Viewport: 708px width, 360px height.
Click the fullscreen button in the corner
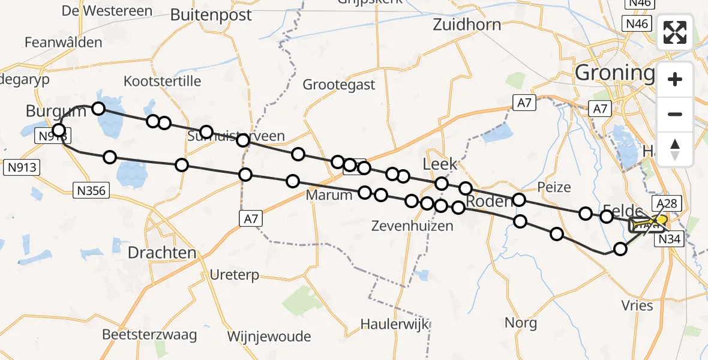(x=675, y=32)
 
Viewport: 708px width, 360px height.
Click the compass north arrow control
(x=675, y=149)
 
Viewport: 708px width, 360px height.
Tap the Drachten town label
(x=162, y=253)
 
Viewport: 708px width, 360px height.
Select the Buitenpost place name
(x=211, y=15)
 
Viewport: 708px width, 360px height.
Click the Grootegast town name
(x=339, y=85)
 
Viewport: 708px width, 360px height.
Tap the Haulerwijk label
(x=395, y=324)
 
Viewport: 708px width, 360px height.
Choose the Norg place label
(x=520, y=323)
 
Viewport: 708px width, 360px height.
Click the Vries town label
(x=638, y=305)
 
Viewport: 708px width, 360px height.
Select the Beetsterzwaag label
(x=149, y=335)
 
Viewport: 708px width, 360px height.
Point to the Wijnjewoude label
(x=269, y=335)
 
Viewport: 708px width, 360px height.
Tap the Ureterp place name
(x=235, y=275)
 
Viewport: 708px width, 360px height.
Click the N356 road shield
(x=91, y=191)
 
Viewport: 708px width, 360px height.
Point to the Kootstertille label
(x=162, y=81)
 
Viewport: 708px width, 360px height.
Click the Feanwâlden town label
(x=63, y=43)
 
